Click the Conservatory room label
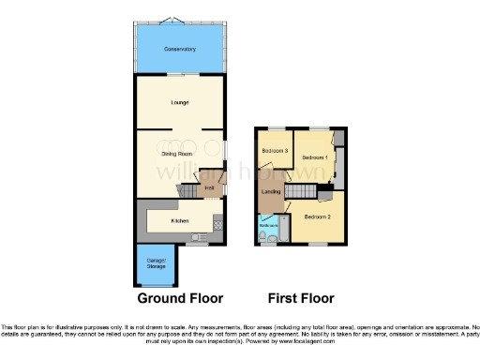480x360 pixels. [180, 49]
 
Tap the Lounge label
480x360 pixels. [180, 102]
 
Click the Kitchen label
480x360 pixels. [180, 221]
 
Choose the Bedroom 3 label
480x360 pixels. [275, 152]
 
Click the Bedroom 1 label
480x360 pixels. [314, 157]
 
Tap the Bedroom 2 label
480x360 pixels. [318, 217]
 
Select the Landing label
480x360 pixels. [272, 192]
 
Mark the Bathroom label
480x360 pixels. [267, 225]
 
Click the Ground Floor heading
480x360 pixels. [180, 299]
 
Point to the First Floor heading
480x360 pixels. [301, 299]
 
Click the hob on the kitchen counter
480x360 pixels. [217, 222]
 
